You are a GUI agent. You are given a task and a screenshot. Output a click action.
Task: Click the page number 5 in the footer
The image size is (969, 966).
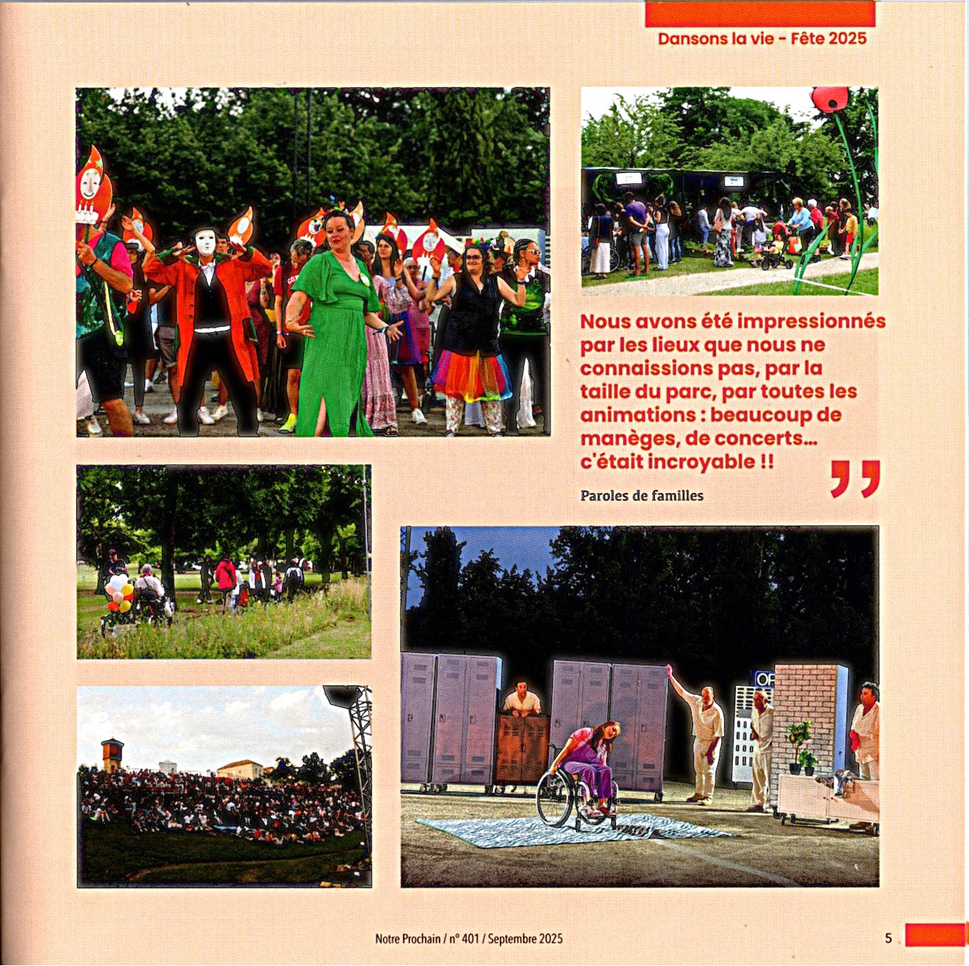point(888,938)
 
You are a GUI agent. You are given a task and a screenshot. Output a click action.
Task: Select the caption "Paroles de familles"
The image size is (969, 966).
point(642,495)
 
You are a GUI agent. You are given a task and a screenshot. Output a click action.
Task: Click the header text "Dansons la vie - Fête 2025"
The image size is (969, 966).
point(762,39)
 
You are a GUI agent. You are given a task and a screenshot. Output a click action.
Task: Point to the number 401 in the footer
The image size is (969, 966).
point(470,939)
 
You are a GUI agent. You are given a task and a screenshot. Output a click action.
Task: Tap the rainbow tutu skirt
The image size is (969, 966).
point(472,376)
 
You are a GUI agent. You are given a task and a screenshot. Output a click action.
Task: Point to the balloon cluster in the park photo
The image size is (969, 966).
point(119,592)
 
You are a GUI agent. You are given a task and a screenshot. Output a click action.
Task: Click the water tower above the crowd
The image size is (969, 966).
point(111,753)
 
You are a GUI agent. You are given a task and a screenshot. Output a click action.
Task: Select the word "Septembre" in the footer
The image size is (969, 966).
point(512,939)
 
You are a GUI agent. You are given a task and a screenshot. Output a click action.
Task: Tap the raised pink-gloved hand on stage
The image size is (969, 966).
point(670,671)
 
